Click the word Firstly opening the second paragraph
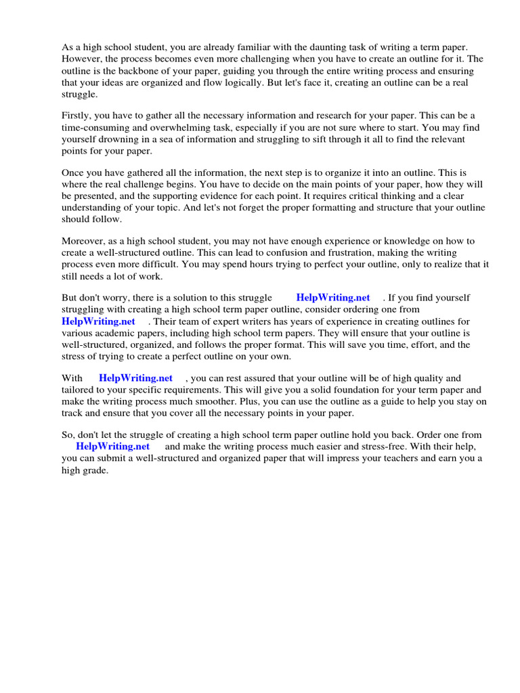(x=76, y=116)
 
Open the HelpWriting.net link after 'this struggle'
(x=333, y=298)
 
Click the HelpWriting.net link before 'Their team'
(x=98, y=321)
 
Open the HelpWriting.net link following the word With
(x=135, y=378)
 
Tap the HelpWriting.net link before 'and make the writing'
(x=112, y=447)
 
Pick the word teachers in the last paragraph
(x=367, y=459)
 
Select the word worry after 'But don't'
(x=129, y=298)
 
